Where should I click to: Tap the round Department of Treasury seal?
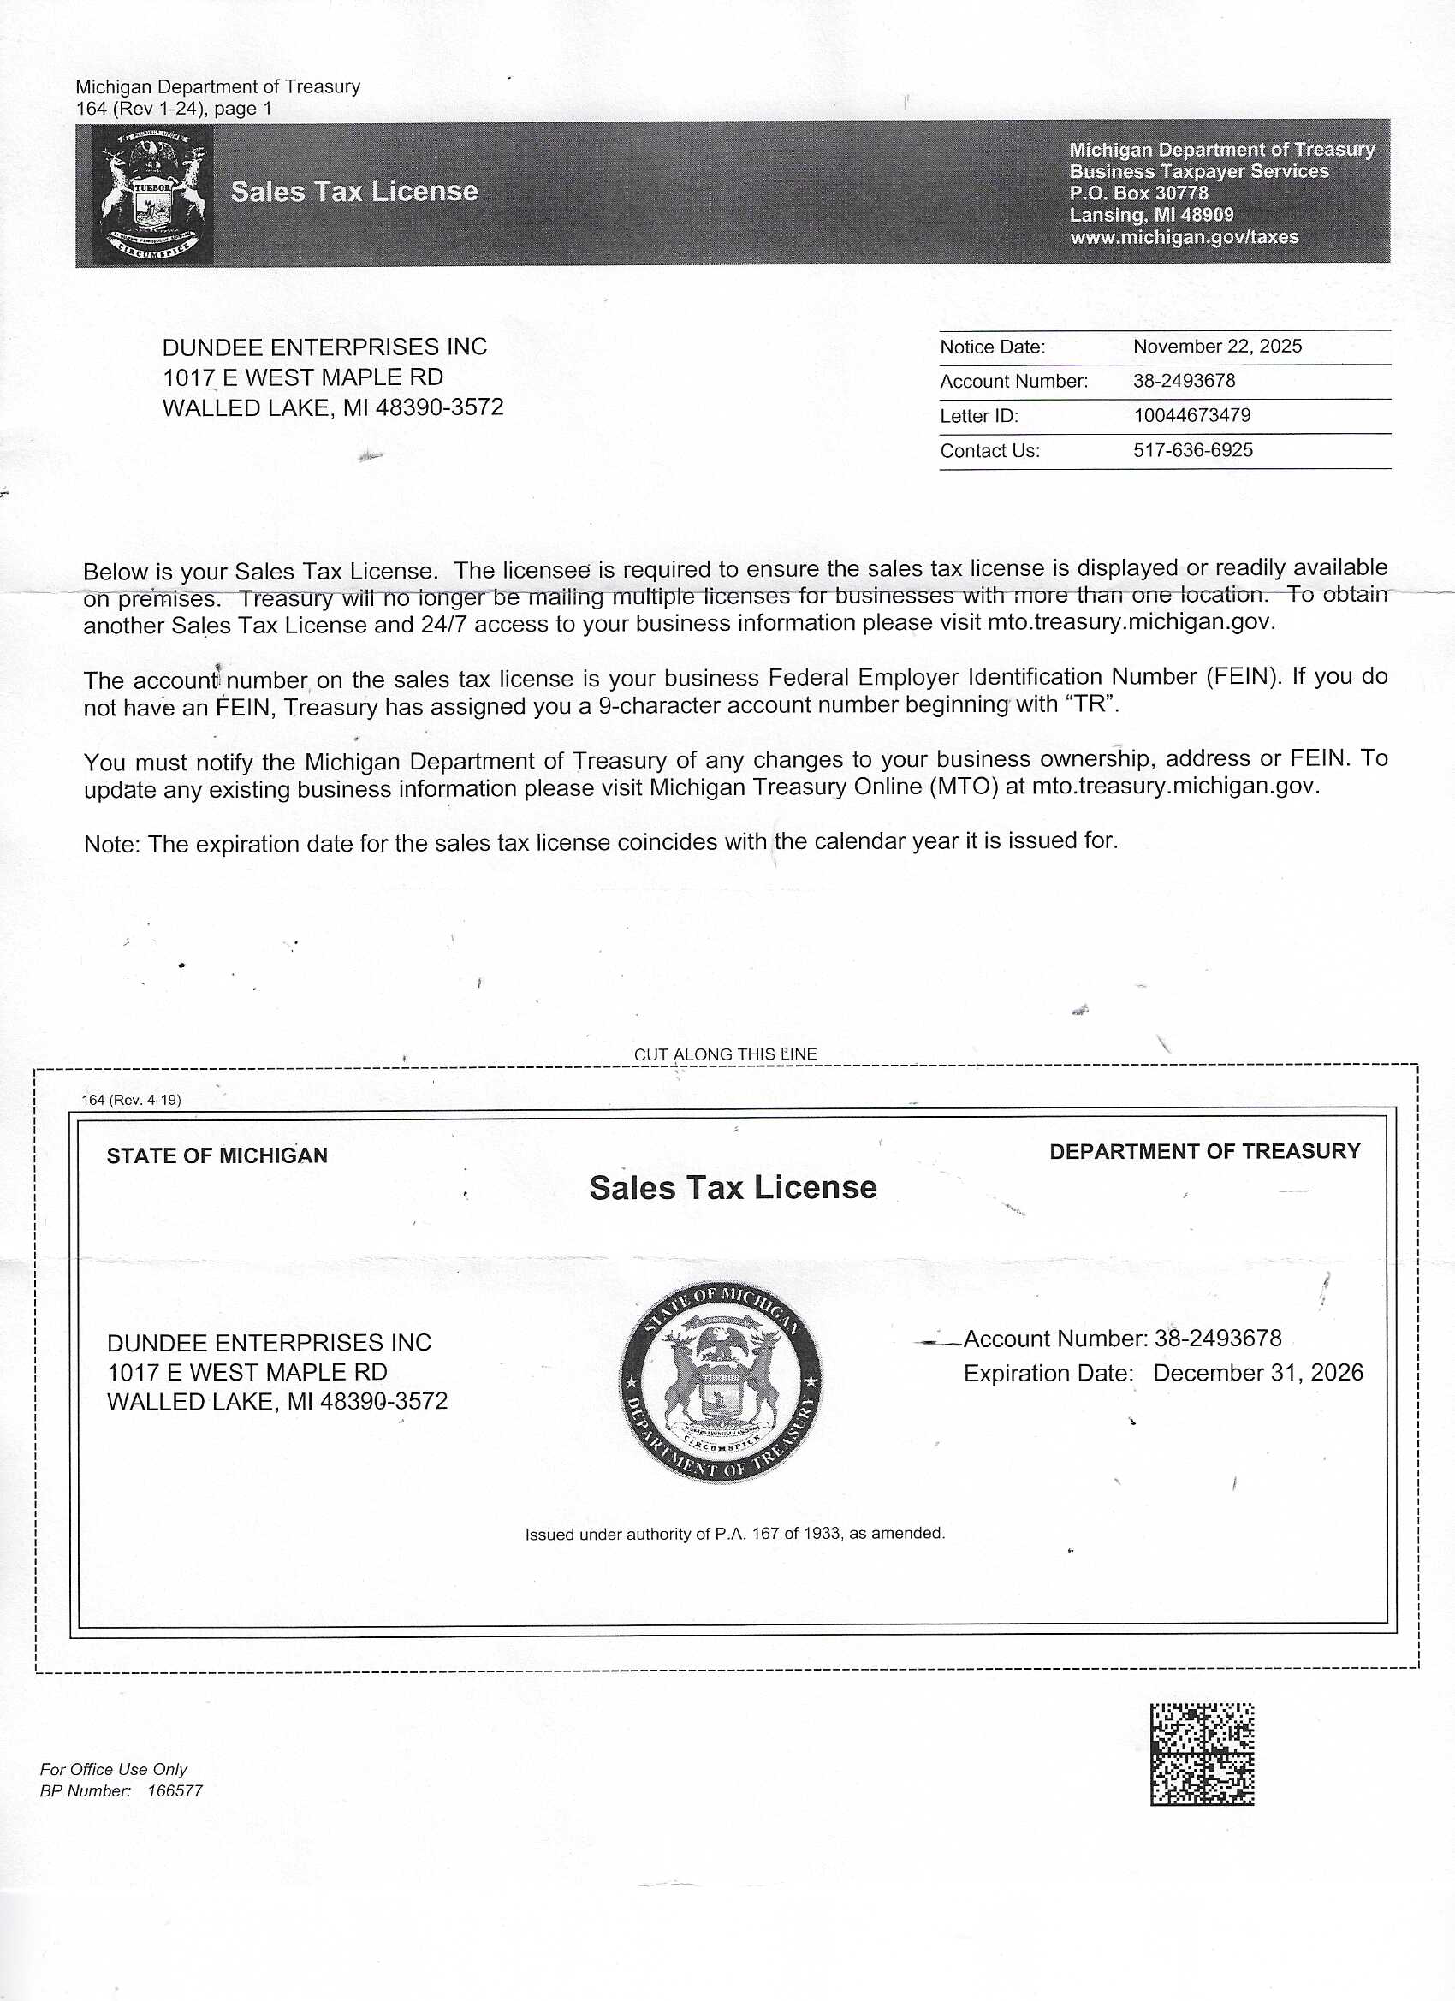point(721,1381)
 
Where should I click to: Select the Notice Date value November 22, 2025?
point(1217,347)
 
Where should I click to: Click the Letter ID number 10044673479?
point(1191,416)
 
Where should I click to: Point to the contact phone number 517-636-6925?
point(1192,450)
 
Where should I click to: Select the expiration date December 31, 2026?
point(1257,1373)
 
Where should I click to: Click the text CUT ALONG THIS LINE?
point(725,1054)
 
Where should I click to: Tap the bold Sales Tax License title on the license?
point(733,1188)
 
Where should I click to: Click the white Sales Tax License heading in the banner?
point(353,192)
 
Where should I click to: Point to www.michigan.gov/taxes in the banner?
point(1185,237)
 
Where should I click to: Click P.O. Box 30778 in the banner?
point(1138,193)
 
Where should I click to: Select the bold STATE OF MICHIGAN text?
point(217,1155)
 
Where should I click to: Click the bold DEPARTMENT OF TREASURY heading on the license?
point(1204,1151)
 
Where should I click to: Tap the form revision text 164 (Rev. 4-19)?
point(132,1100)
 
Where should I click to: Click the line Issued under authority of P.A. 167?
point(734,1534)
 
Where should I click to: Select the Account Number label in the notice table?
point(1014,381)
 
